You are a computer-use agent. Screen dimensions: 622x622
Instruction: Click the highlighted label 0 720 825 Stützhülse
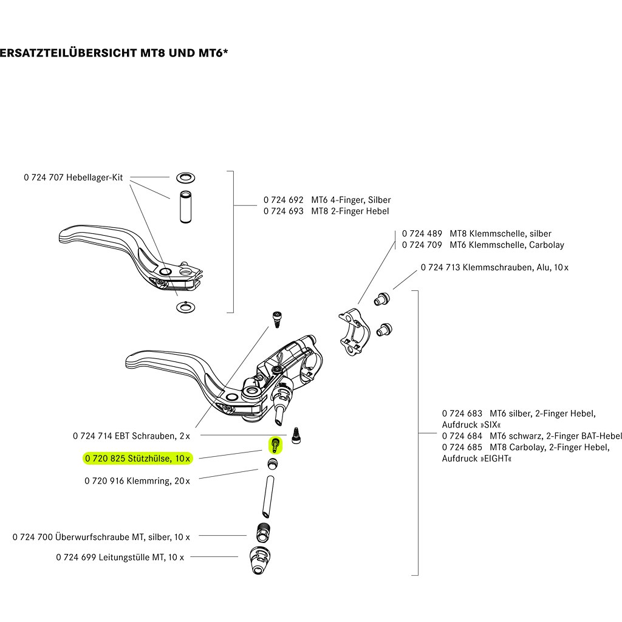point(137,458)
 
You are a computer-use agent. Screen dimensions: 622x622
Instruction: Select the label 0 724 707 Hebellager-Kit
point(73,177)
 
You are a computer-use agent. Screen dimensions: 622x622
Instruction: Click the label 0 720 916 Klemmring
point(137,480)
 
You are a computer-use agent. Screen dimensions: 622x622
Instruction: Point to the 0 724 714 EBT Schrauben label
point(131,436)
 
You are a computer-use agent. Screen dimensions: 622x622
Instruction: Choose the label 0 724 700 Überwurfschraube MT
point(101,537)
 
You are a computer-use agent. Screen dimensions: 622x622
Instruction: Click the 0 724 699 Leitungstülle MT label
point(120,556)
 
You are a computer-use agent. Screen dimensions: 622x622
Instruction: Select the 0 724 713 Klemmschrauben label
point(494,267)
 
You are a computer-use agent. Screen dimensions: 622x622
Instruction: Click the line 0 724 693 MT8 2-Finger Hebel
point(326,211)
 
